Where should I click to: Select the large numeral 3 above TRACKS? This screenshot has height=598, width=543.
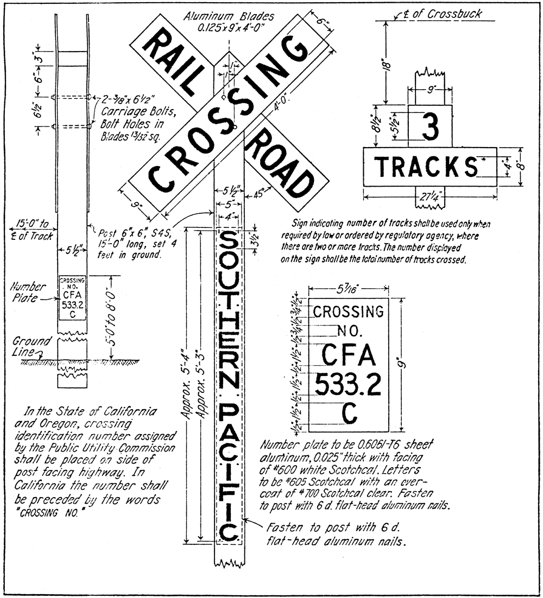pos(430,129)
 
